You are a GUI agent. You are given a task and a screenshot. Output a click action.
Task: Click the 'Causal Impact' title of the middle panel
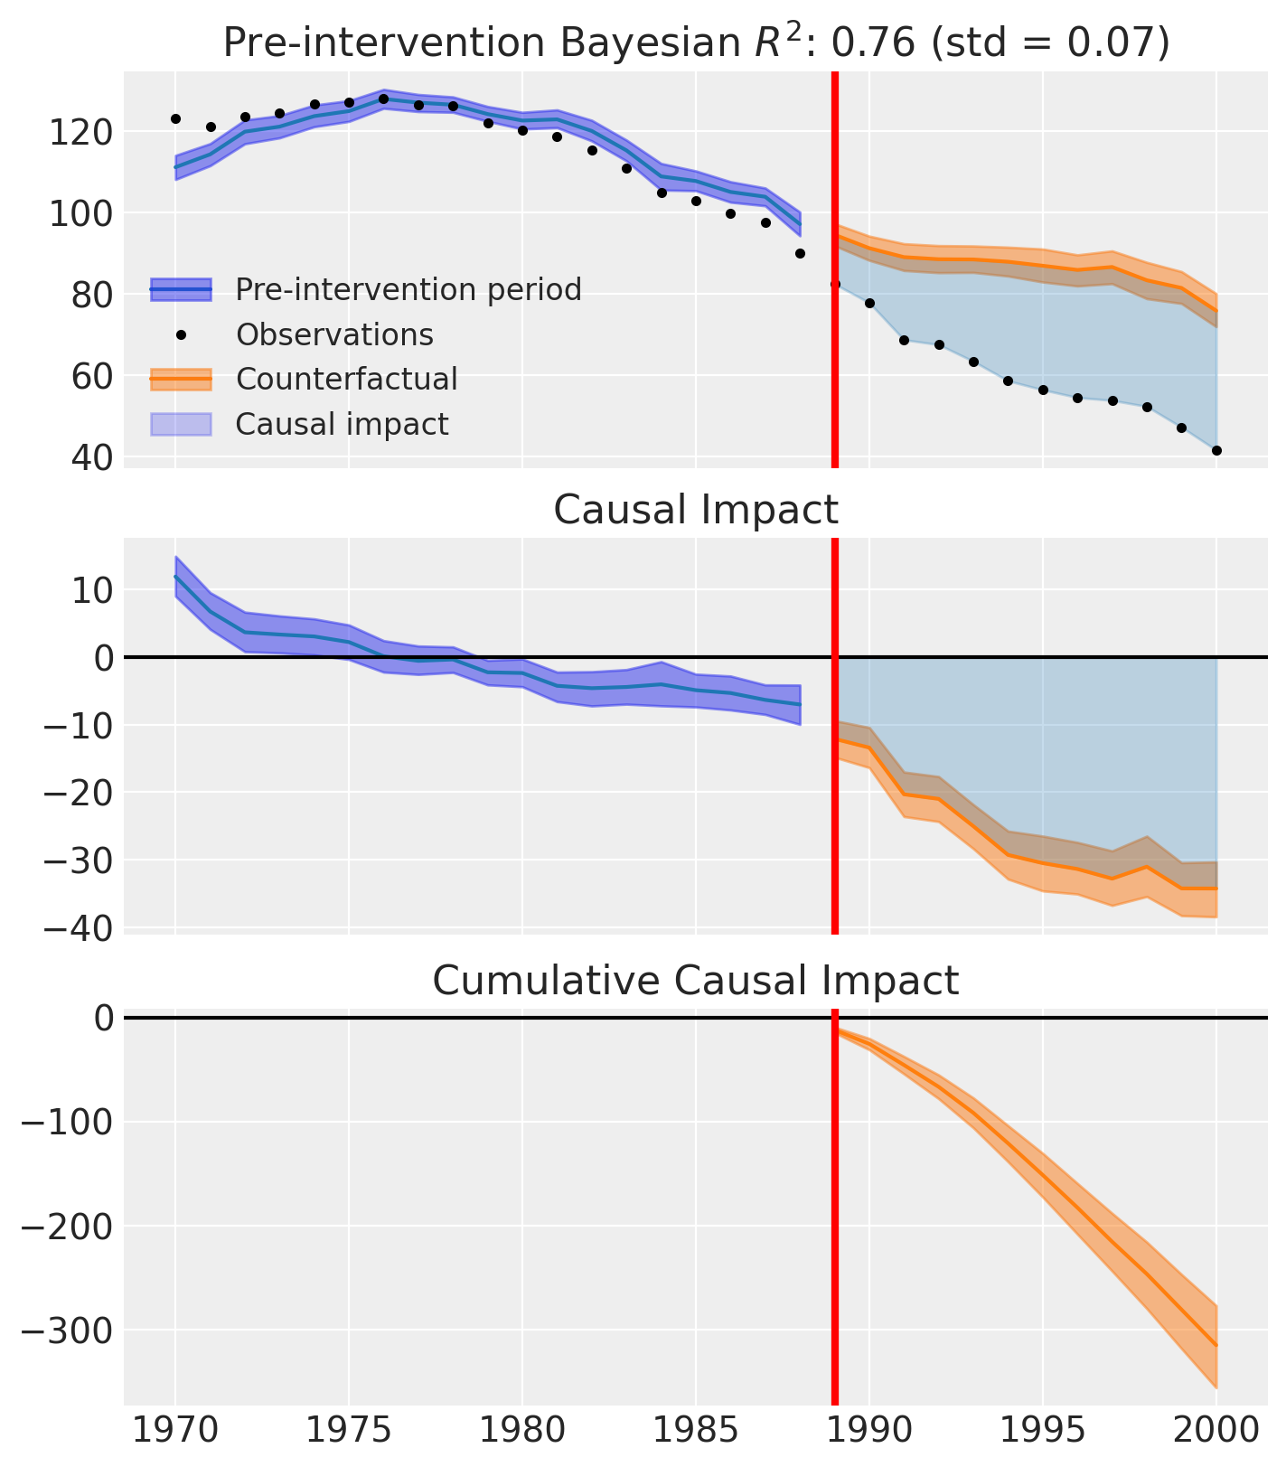696,511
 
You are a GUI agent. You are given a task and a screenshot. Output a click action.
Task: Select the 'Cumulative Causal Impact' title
696,981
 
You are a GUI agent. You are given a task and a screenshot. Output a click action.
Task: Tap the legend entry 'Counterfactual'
346,380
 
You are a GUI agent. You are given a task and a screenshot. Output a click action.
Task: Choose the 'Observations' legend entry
334,335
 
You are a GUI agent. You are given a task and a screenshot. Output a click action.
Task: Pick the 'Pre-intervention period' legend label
408,290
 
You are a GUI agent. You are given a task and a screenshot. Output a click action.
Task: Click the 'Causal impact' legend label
342,424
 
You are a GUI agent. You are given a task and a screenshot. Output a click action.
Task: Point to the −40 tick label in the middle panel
77,928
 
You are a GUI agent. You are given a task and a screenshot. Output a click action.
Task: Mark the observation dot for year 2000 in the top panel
1216,450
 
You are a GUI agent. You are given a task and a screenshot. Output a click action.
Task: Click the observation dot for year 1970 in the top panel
175,118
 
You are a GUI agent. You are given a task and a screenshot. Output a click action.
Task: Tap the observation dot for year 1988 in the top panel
800,253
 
